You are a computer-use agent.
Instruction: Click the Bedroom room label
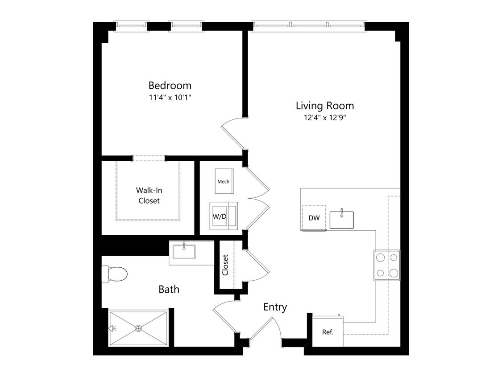pos(170,86)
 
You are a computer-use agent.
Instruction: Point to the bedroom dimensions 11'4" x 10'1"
pos(170,97)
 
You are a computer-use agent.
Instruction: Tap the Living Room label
pos(325,106)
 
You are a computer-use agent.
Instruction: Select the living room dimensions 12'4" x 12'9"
pos(325,118)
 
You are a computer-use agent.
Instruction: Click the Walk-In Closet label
pos(149,196)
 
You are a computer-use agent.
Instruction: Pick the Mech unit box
pos(224,181)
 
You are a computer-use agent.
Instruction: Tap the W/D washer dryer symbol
pos(224,216)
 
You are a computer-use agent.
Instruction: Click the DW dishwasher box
pos(314,218)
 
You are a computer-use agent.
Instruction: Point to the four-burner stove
pos(387,265)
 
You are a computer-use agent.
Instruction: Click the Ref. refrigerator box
pos(328,331)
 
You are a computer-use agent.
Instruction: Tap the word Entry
pos(275,307)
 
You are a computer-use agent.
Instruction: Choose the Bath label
pos(169,290)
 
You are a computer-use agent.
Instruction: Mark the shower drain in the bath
pos(138,328)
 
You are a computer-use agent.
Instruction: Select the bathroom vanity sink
pos(184,251)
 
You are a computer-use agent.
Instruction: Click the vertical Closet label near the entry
pos(225,265)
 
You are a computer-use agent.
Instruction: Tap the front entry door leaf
pos(261,328)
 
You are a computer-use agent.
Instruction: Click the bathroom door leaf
pos(224,322)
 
